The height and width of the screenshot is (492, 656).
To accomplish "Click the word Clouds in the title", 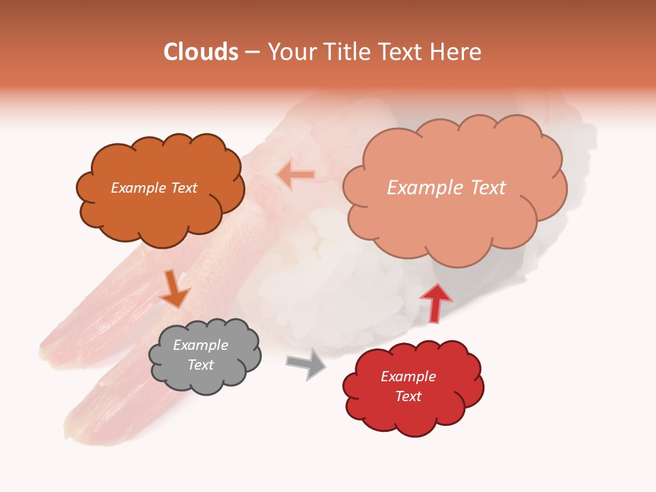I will [x=201, y=52].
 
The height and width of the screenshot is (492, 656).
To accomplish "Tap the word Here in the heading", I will [x=458, y=52].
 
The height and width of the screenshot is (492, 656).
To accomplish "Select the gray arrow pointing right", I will [x=307, y=364].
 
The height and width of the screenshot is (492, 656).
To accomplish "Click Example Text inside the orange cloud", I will [x=154, y=188].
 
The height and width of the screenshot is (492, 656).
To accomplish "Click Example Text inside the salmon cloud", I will [x=446, y=188].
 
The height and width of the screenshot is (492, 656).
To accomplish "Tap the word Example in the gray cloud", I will [x=200, y=345].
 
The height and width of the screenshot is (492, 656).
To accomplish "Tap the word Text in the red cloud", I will [x=408, y=396].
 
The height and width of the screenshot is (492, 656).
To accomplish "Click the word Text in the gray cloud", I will [x=200, y=365].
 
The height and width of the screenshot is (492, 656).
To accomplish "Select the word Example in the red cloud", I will [x=408, y=377].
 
